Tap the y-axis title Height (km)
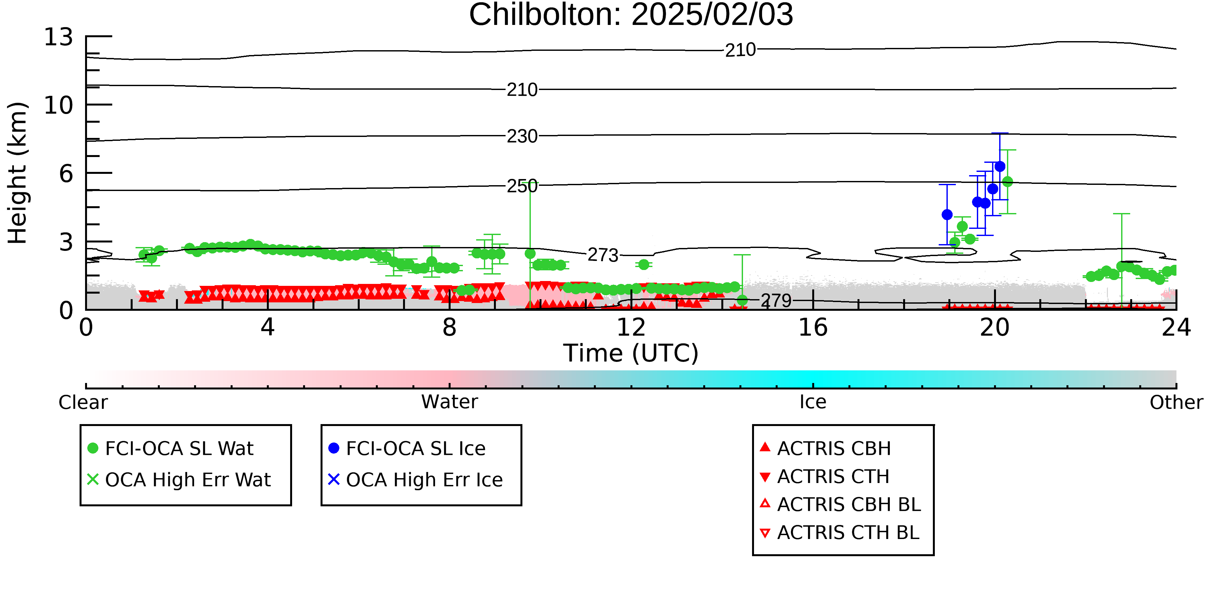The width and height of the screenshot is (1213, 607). click(x=17, y=173)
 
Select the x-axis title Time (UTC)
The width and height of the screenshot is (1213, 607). click(x=631, y=353)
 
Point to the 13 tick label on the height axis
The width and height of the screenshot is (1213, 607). click(x=59, y=37)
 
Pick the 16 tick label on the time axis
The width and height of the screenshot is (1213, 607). click(x=813, y=328)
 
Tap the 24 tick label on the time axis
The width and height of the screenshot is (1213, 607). click(x=1176, y=328)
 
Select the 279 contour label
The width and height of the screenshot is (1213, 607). click(x=776, y=301)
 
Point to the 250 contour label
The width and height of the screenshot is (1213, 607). click(x=522, y=186)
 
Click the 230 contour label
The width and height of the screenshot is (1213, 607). click(x=522, y=136)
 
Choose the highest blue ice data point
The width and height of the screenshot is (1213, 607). click(x=1000, y=166)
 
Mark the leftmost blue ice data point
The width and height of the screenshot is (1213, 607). click(x=947, y=214)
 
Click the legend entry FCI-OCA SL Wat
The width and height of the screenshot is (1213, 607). click(x=170, y=448)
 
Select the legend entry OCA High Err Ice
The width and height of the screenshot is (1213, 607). click(x=416, y=480)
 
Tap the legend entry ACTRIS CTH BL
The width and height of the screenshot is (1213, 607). click(x=840, y=533)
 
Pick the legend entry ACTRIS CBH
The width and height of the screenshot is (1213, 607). click(x=825, y=448)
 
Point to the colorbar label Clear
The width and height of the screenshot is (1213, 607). click(x=83, y=402)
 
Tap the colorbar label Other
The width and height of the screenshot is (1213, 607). click(x=1176, y=402)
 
